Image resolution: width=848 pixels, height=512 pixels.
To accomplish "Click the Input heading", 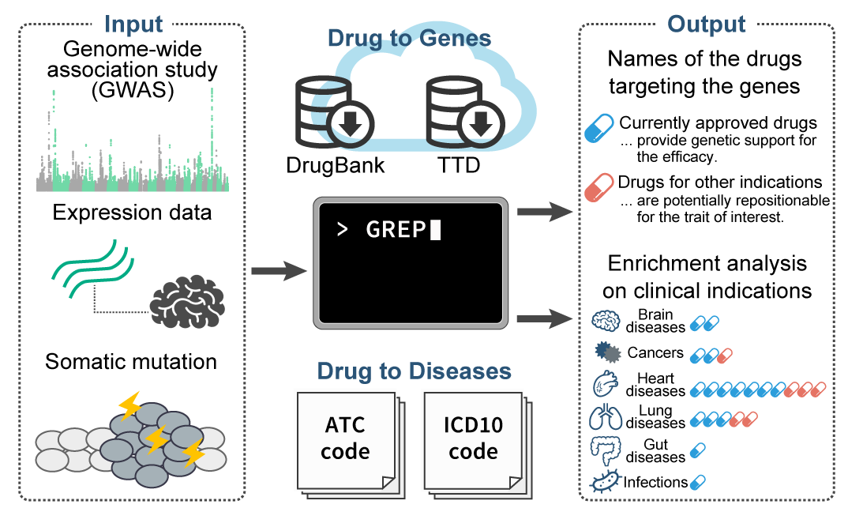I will pyautogui.click(x=133, y=23).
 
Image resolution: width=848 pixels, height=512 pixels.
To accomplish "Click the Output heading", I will pyautogui.click(x=706, y=23).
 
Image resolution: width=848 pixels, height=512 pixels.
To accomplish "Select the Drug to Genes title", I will pyautogui.click(x=409, y=38).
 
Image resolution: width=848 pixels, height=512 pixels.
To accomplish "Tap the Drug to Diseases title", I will pyautogui.click(x=414, y=371).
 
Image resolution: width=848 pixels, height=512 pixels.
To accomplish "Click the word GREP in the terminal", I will pyautogui.click(x=396, y=230).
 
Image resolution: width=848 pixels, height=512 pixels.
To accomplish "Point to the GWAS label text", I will pyautogui.click(x=132, y=91).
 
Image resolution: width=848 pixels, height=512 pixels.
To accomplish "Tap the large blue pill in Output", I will pyautogui.click(x=599, y=128).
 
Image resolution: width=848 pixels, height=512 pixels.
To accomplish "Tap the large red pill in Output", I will pyautogui.click(x=599, y=188).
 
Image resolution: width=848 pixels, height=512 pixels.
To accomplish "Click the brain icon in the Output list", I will pyautogui.click(x=606, y=321).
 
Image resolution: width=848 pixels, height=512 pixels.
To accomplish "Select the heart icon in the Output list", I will pyautogui.click(x=606, y=386).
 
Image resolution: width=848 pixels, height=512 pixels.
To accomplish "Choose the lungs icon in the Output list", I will pyautogui.click(x=606, y=417).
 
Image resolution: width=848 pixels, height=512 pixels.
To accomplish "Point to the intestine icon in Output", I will pyautogui.click(x=606, y=450).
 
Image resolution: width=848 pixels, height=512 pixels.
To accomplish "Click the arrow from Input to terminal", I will pyautogui.click(x=278, y=272).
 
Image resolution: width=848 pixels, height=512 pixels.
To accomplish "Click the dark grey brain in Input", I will pyautogui.click(x=187, y=301).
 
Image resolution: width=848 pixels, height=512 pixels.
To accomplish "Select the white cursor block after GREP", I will pyautogui.click(x=435, y=230).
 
